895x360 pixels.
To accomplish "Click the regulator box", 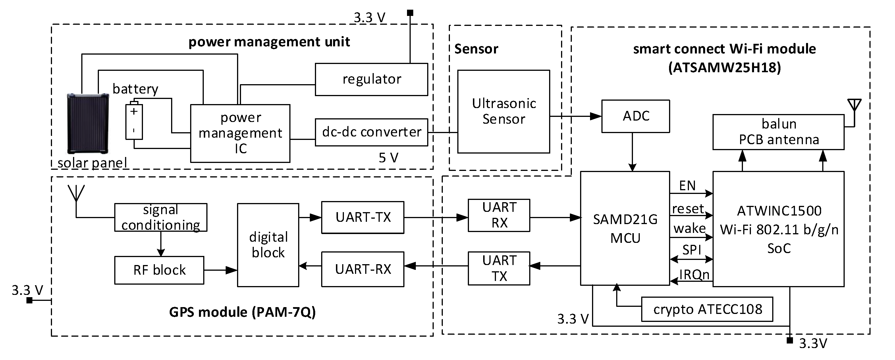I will (x=371, y=79).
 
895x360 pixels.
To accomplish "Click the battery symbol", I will (x=134, y=120).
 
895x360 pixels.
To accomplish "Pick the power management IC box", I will (x=240, y=133).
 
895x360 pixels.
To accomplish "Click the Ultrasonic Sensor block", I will (x=503, y=111).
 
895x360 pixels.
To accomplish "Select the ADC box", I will (x=635, y=116).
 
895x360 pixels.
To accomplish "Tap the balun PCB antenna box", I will (x=778, y=132).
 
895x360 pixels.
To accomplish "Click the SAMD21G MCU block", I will (x=625, y=228).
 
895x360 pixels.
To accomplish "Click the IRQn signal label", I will (x=694, y=274).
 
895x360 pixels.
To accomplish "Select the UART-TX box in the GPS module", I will (x=362, y=217).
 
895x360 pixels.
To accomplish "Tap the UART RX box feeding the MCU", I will (x=499, y=215).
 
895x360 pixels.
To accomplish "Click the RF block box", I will (x=159, y=270).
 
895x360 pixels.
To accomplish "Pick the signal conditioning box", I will (x=161, y=217).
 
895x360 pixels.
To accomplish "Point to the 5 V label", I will (x=388, y=158).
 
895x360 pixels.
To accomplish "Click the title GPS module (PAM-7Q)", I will (x=242, y=312).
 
